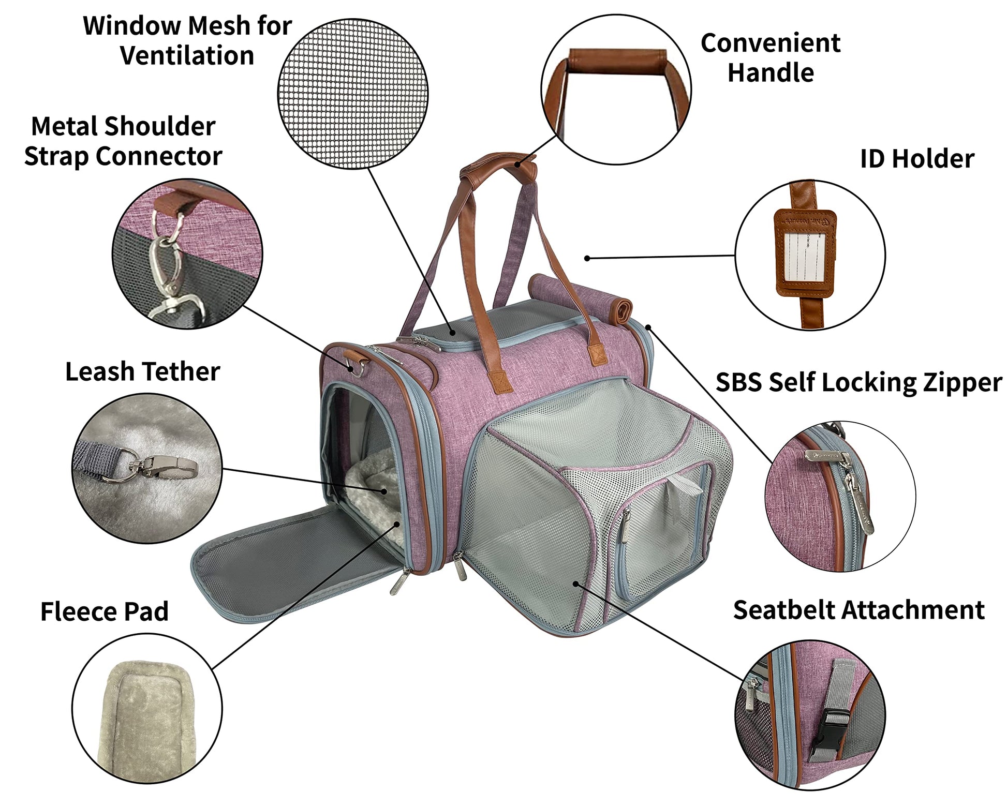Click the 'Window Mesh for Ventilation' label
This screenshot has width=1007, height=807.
[x=187, y=40]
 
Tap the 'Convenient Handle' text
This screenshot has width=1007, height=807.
[x=770, y=57]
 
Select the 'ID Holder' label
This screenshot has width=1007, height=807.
[x=916, y=159]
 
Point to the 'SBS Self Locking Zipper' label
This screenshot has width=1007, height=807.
[x=858, y=382]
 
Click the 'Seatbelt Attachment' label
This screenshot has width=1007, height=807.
[x=858, y=610]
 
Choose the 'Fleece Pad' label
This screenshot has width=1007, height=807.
[x=105, y=611]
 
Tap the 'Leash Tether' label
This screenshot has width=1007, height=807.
[x=142, y=371]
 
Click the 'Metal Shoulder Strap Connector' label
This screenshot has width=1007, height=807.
[x=123, y=141]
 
